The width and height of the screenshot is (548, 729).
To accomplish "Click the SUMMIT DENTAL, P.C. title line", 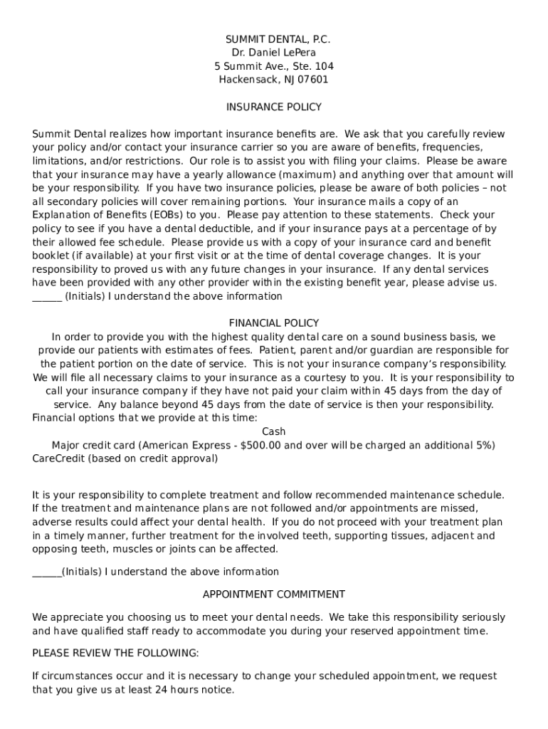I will coord(274,39).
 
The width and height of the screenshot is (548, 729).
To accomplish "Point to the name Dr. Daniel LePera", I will coord(274,53).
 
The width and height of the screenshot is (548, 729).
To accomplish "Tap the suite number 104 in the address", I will coord(324,66).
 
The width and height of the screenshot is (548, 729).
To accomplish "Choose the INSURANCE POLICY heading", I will coord(274,107).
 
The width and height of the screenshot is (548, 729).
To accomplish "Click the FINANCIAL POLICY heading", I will coord(274,323).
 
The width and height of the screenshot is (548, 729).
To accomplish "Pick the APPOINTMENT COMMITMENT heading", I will coord(274,594).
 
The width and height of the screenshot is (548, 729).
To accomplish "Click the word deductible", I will coord(226,229).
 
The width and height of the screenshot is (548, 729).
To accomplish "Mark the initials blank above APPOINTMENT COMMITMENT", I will coord(47,572).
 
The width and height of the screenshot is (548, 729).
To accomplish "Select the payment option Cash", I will coord(274,431).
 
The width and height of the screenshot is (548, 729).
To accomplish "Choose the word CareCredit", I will coord(58,458).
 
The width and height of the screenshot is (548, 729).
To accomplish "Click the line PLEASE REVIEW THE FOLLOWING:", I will coord(115,653).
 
